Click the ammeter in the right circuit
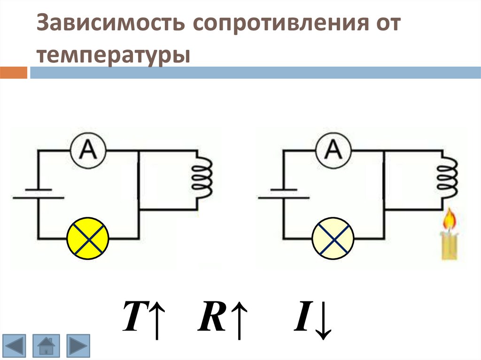334,150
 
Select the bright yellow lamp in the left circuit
88,239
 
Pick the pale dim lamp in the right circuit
333,239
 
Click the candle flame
450,221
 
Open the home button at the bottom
46,345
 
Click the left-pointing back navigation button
16,345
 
